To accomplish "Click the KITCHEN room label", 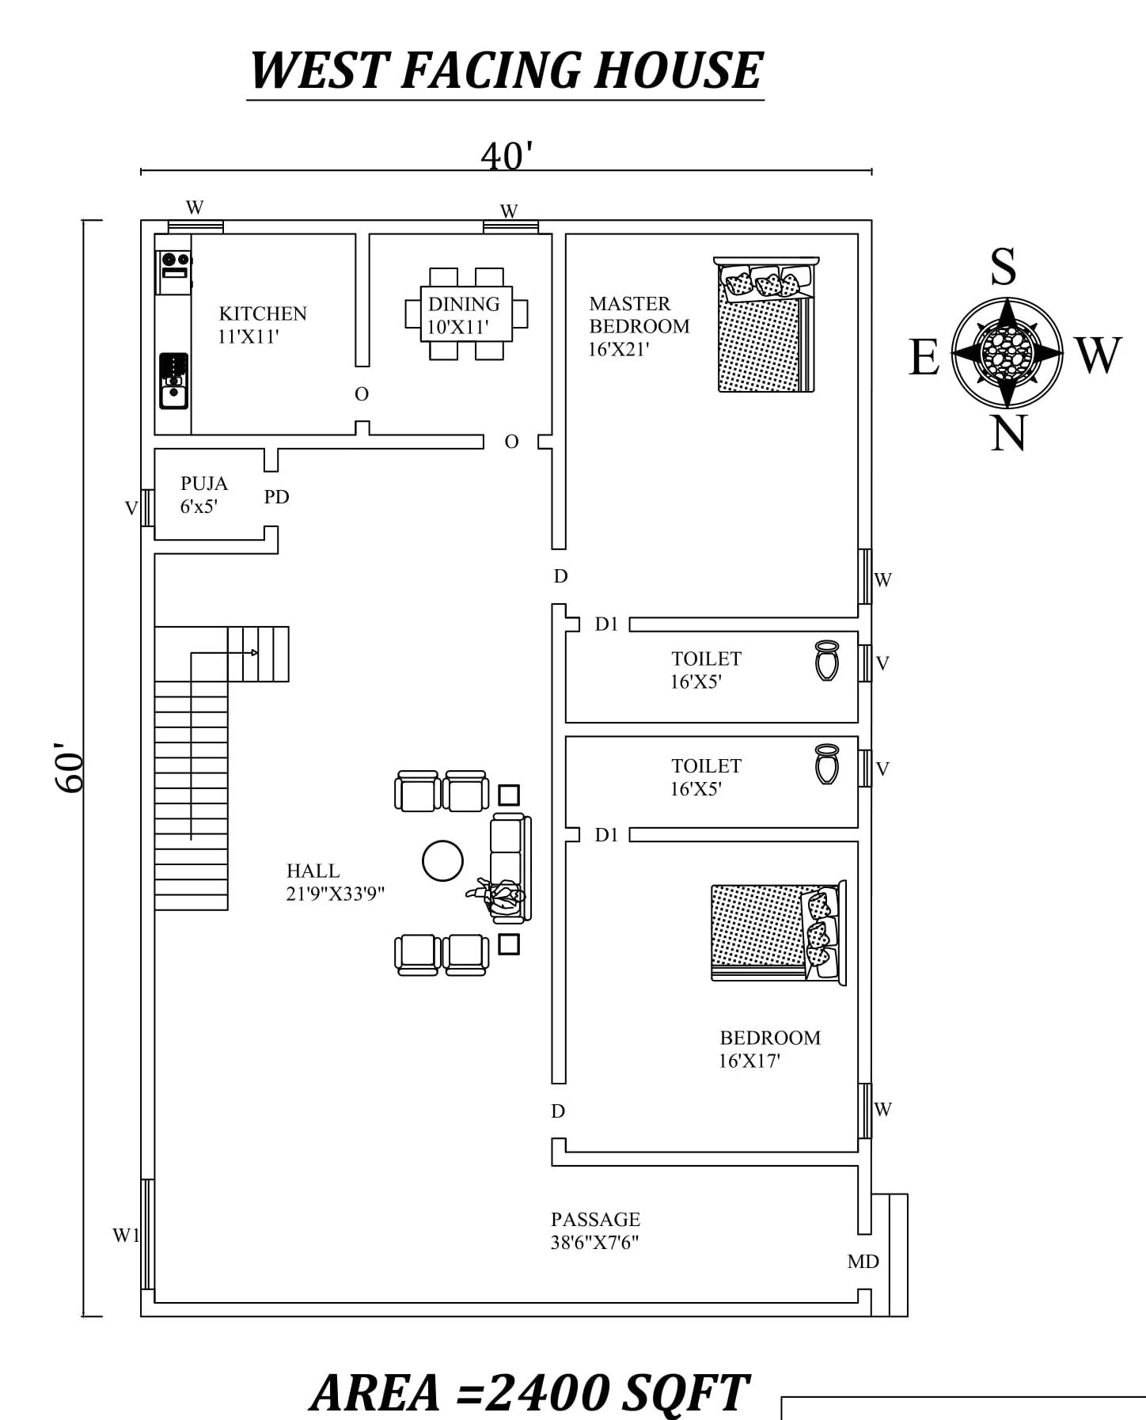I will [x=263, y=314].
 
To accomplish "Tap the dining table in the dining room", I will [x=466, y=314].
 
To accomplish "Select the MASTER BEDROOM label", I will [x=639, y=315].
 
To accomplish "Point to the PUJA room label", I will [x=203, y=484].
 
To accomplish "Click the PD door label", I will [x=276, y=497].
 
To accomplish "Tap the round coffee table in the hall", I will [x=442, y=860].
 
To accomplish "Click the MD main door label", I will [x=863, y=1262].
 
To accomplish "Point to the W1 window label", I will [x=126, y=1236].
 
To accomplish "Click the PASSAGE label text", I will [x=595, y=1220].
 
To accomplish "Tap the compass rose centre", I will [x=1007, y=351].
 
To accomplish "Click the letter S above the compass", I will [x=1004, y=267].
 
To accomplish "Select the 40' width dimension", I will [x=507, y=156].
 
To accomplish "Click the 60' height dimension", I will [x=70, y=767].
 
